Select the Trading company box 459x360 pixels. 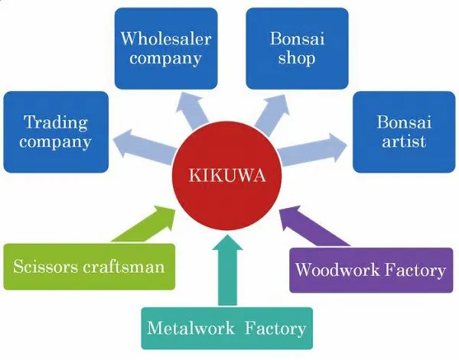(x=56, y=131)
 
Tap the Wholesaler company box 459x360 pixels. (x=166, y=47)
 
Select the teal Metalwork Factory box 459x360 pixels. (x=227, y=329)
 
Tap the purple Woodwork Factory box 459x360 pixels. (x=369, y=269)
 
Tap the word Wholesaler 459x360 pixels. (x=166, y=37)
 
